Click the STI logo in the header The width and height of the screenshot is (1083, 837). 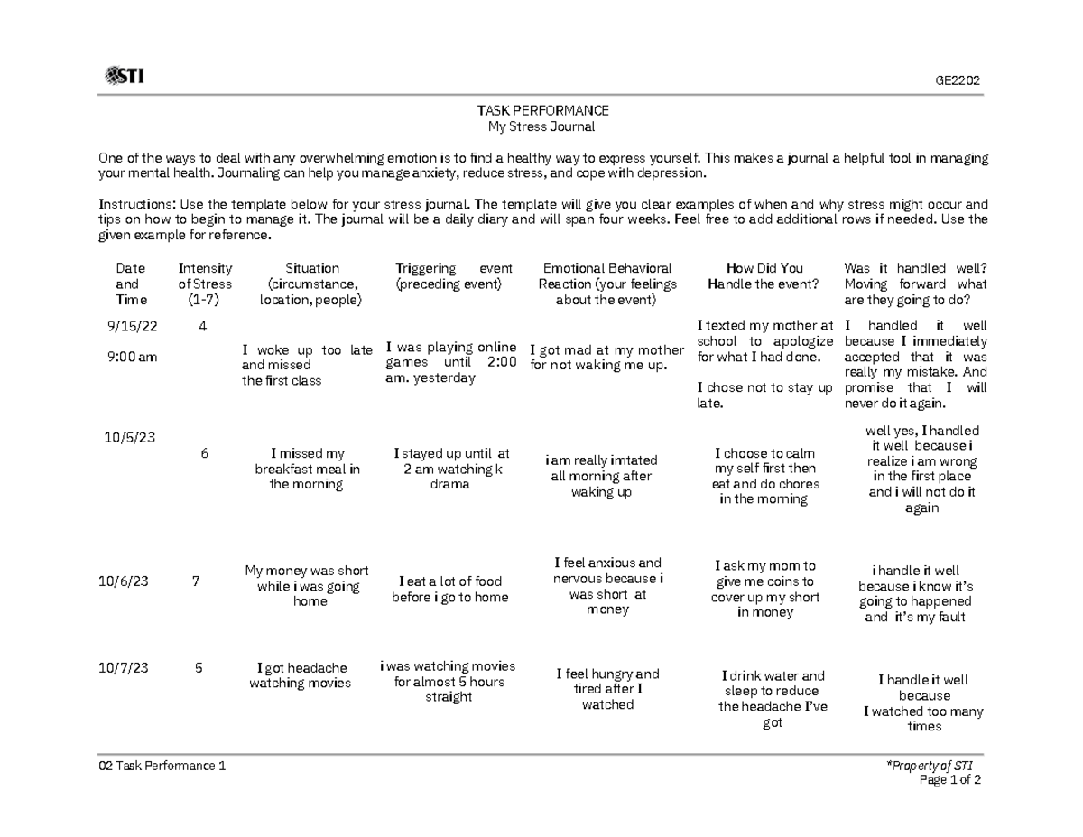point(125,76)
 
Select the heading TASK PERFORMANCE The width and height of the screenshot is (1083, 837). point(542,110)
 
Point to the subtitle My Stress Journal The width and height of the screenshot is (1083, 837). point(542,126)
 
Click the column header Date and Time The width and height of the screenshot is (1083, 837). point(128,284)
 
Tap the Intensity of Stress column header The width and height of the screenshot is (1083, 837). point(205,284)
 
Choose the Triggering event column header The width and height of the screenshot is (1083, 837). point(453,276)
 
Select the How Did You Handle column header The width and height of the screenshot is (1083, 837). point(764,276)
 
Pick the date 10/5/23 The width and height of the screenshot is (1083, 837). point(130,437)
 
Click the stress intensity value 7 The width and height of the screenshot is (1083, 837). point(196,581)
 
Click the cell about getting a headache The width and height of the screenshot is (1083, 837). point(300,675)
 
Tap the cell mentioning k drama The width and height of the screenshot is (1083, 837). point(451,469)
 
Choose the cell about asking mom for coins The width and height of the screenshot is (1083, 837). point(765,589)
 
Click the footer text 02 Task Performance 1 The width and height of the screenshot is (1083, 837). point(162,767)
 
